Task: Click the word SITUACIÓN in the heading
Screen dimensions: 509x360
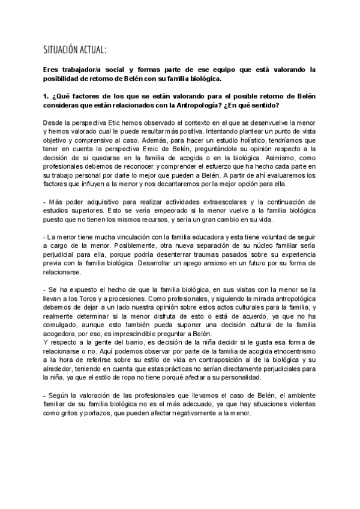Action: [62, 49]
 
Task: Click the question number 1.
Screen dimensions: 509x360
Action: [47, 96]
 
